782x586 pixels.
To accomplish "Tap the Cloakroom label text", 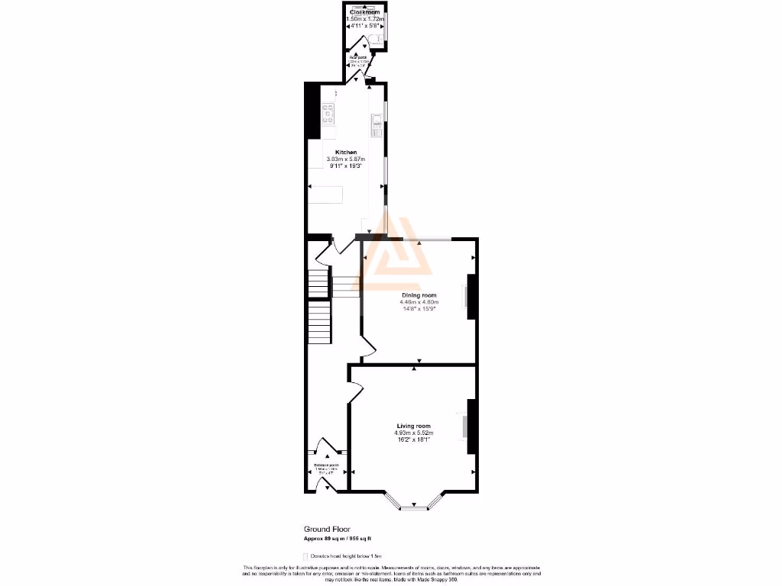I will pos(364,13).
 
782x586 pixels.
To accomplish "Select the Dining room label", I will pos(419,295).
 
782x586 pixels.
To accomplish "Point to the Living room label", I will pos(413,426).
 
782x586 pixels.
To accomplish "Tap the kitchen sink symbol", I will pos(376,124).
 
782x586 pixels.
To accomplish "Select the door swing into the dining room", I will pos(367,348).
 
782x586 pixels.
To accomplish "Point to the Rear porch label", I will pos(359,57).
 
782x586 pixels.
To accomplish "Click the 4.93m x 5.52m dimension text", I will pos(413,433).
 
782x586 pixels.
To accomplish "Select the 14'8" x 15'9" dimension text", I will pos(419,308).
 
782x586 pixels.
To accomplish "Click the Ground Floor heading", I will pos(327,529).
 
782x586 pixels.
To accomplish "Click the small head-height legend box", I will pos(305,556).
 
